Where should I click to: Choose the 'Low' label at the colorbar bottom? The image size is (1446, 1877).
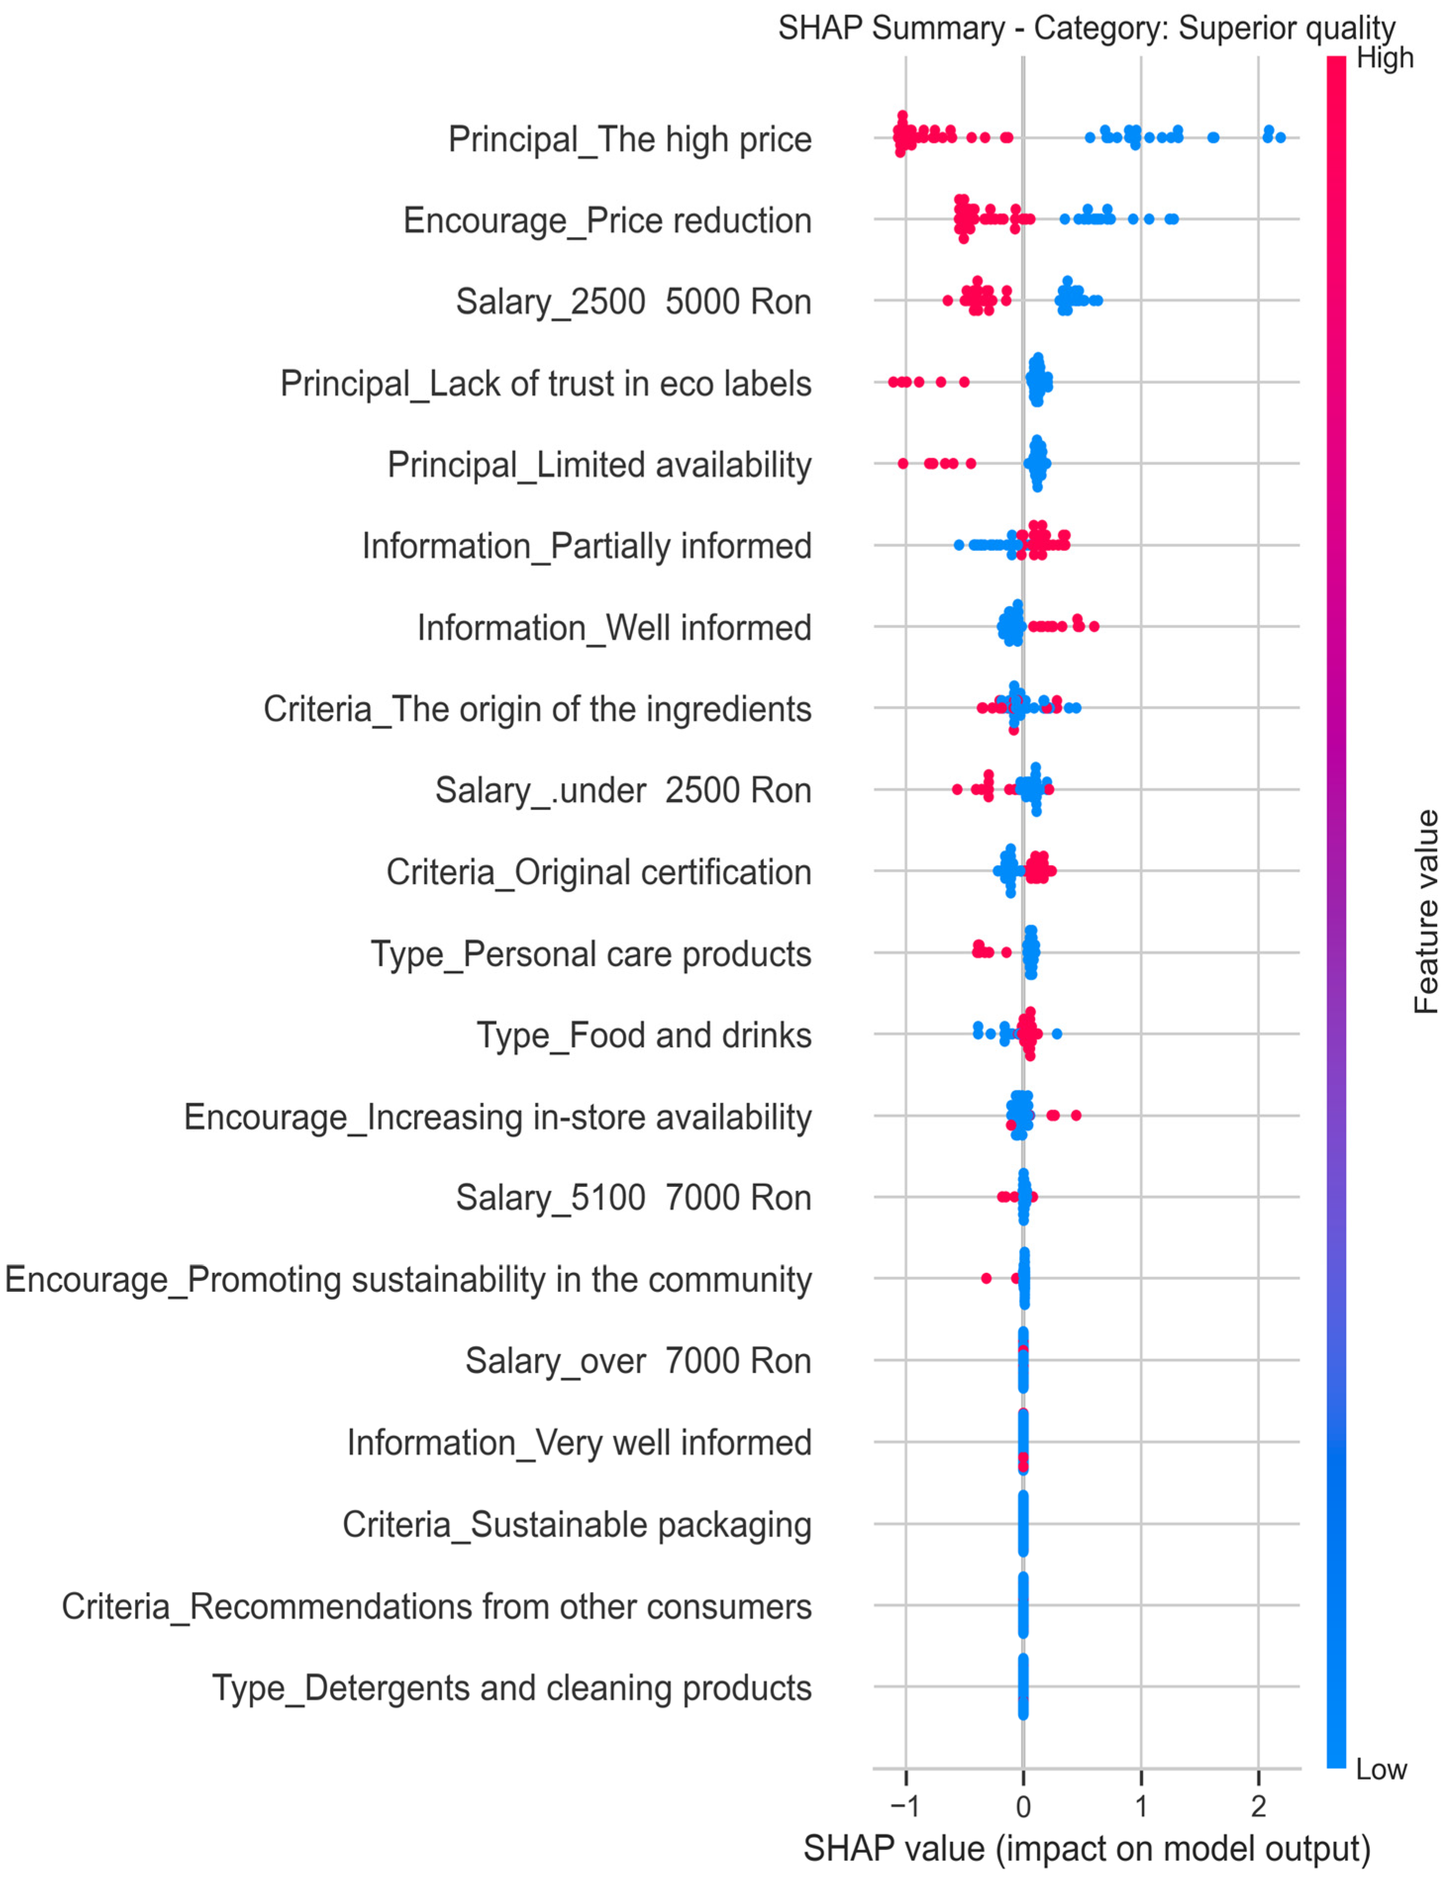(x=1381, y=1770)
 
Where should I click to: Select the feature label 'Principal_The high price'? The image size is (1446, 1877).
(x=629, y=139)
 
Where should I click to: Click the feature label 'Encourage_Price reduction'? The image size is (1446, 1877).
(x=607, y=221)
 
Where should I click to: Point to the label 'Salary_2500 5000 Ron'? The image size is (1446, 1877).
(x=633, y=302)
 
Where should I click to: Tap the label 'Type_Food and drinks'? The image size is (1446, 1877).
(x=644, y=1035)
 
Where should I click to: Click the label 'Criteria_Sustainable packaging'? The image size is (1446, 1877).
(x=577, y=1525)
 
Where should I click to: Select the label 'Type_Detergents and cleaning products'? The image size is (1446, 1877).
(x=512, y=1688)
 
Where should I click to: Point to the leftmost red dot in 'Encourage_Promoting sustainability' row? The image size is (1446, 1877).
(x=986, y=1278)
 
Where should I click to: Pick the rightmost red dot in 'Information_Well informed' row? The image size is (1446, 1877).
(x=1094, y=626)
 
